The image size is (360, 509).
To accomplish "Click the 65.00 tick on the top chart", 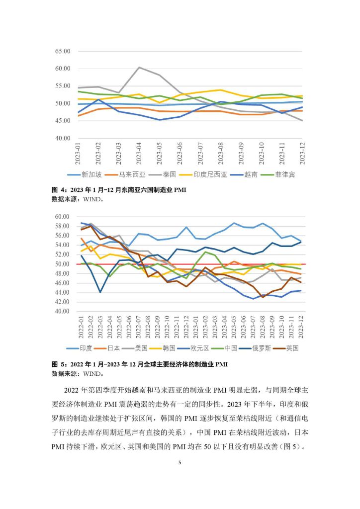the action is pos(63,51).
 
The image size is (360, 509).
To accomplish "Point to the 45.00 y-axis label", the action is pos(63,121).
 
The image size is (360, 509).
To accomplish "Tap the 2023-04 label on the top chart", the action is pos(139,153).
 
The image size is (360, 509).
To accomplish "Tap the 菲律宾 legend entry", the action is pos(279,174).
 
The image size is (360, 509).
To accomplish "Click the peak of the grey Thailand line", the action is pos(139,67).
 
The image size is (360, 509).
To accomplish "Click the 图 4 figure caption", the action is pos(119,190).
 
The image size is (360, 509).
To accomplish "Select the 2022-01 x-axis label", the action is pos(81,327).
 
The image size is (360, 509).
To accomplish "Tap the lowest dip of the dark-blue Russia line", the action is pos(100,292).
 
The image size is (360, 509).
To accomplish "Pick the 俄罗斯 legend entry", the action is pos(255,348).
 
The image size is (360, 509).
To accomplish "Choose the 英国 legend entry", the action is pos(286,348).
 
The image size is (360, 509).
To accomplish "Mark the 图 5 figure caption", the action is pos(140,364).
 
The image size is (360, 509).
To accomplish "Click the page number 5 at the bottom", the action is pos(180,463).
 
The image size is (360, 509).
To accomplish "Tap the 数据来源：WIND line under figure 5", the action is pos(78,374).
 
